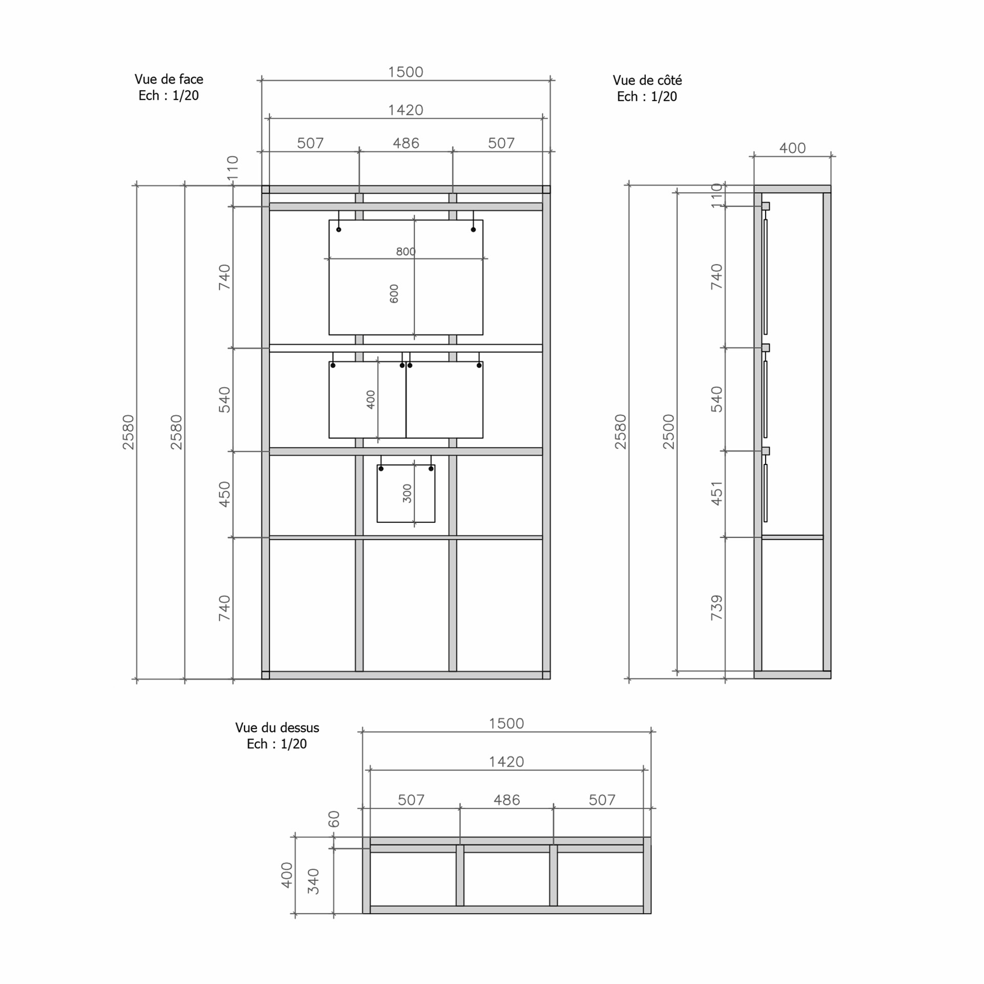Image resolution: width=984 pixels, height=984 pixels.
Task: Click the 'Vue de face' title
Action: [x=169, y=79]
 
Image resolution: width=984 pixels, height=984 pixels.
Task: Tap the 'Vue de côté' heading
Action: [x=647, y=80]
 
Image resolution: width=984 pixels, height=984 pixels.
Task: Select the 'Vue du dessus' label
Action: [x=277, y=728]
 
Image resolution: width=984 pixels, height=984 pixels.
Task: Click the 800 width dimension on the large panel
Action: [x=405, y=251]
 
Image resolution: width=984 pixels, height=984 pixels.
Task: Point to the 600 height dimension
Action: [x=394, y=294]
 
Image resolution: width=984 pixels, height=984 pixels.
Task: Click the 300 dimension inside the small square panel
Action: [x=407, y=494]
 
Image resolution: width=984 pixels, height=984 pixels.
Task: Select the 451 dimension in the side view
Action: [x=716, y=493]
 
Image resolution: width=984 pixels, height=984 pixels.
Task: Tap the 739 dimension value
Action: [x=716, y=608]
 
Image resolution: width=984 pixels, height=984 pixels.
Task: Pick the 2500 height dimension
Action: [x=668, y=432]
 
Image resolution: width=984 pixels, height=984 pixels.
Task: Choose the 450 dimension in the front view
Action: [x=224, y=495]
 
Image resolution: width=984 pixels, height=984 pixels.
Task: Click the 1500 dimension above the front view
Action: [x=405, y=72]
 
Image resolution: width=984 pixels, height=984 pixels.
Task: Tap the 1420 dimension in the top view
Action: [x=506, y=762]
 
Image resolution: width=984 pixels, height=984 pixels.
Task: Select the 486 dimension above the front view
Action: [x=406, y=143]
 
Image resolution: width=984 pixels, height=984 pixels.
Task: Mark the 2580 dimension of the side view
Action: [x=620, y=432]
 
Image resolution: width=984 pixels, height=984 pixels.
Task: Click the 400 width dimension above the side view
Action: [x=792, y=148]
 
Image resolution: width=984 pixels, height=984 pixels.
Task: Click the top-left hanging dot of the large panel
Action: [x=339, y=230]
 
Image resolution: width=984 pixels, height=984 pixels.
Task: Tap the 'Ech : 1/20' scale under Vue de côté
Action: [x=647, y=97]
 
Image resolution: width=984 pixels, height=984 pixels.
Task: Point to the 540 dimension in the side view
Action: [x=716, y=399]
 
